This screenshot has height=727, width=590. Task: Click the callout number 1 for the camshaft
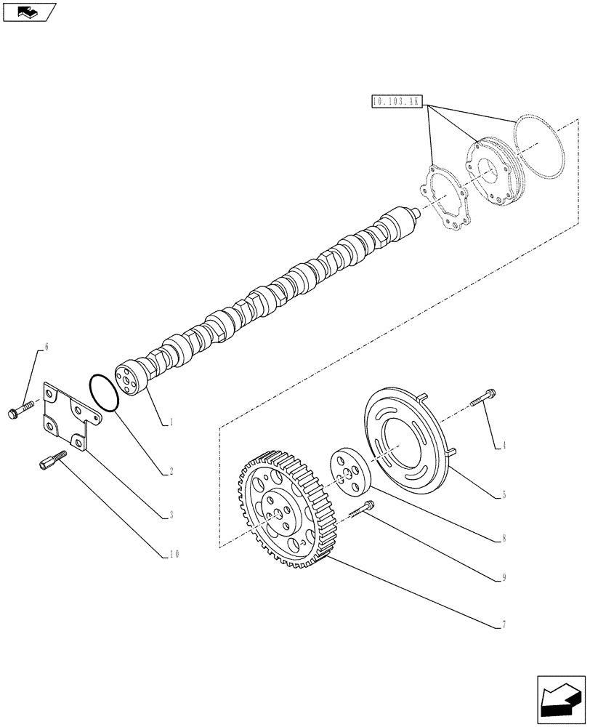click(171, 421)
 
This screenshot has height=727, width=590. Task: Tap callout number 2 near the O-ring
click(171, 471)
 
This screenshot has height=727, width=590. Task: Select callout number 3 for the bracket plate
click(171, 515)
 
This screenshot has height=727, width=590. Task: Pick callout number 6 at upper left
click(47, 348)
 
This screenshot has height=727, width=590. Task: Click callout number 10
click(172, 555)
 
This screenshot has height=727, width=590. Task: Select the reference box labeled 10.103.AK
click(397, 103)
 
